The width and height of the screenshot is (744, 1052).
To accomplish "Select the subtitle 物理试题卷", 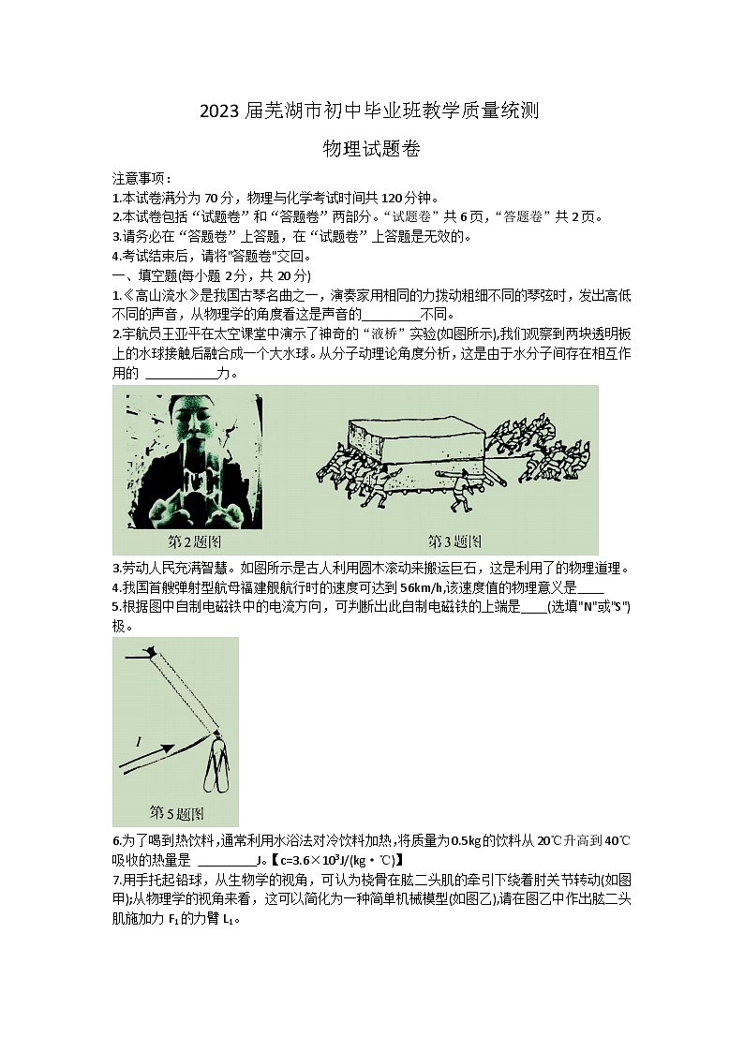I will [x=371, y=148].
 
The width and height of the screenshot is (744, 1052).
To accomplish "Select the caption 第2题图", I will [x=194, y=541].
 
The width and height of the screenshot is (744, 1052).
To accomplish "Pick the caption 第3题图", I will [x=454, y=541].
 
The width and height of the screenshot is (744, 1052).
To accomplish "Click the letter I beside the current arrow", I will [x=139, y=742].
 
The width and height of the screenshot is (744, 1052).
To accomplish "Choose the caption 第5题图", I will [x=177, y=811].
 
